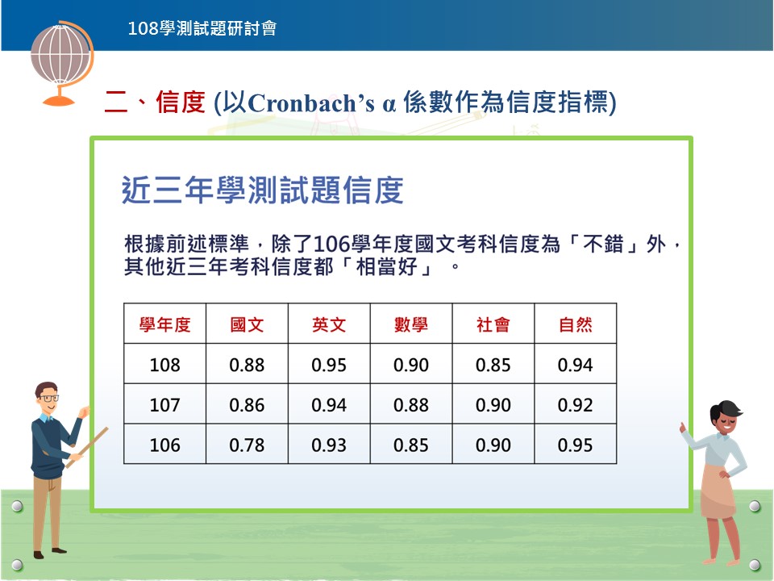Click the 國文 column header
(x=247, y=324)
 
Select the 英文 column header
(x=329, y=324)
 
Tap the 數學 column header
(x=410, y=324)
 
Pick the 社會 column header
(x=493, y=324)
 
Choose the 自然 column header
(x=575, y=324)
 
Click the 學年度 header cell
(x=164, y=324)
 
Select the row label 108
(x=164, y=365)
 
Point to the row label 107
(x=164, y=405)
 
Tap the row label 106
(x=164, y=445)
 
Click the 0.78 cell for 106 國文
(x=247, y=445)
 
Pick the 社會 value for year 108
(x=493, y=365)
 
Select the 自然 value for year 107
(x=575, y=405)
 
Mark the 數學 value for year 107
(x=410, y=405)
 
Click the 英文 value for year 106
(x=329, y=445)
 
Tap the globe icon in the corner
(x=62, y=63)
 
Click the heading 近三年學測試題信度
(x=263, y=190)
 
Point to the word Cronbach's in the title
(x=311, y=103)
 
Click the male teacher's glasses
(x=48, y=398)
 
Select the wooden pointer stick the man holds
(x=87, y=448)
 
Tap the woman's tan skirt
(x=718, y=491)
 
